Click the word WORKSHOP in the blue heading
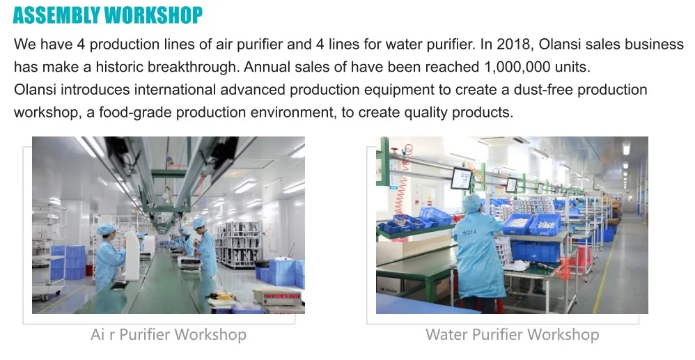[x=154, y=15]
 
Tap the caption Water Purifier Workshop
[x=512, y=334]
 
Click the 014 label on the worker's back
[x=470, y=233]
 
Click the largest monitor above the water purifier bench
[x=461, y=178]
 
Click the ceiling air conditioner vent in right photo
[x=503, y=141]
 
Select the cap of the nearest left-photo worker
[x=107, y=228]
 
